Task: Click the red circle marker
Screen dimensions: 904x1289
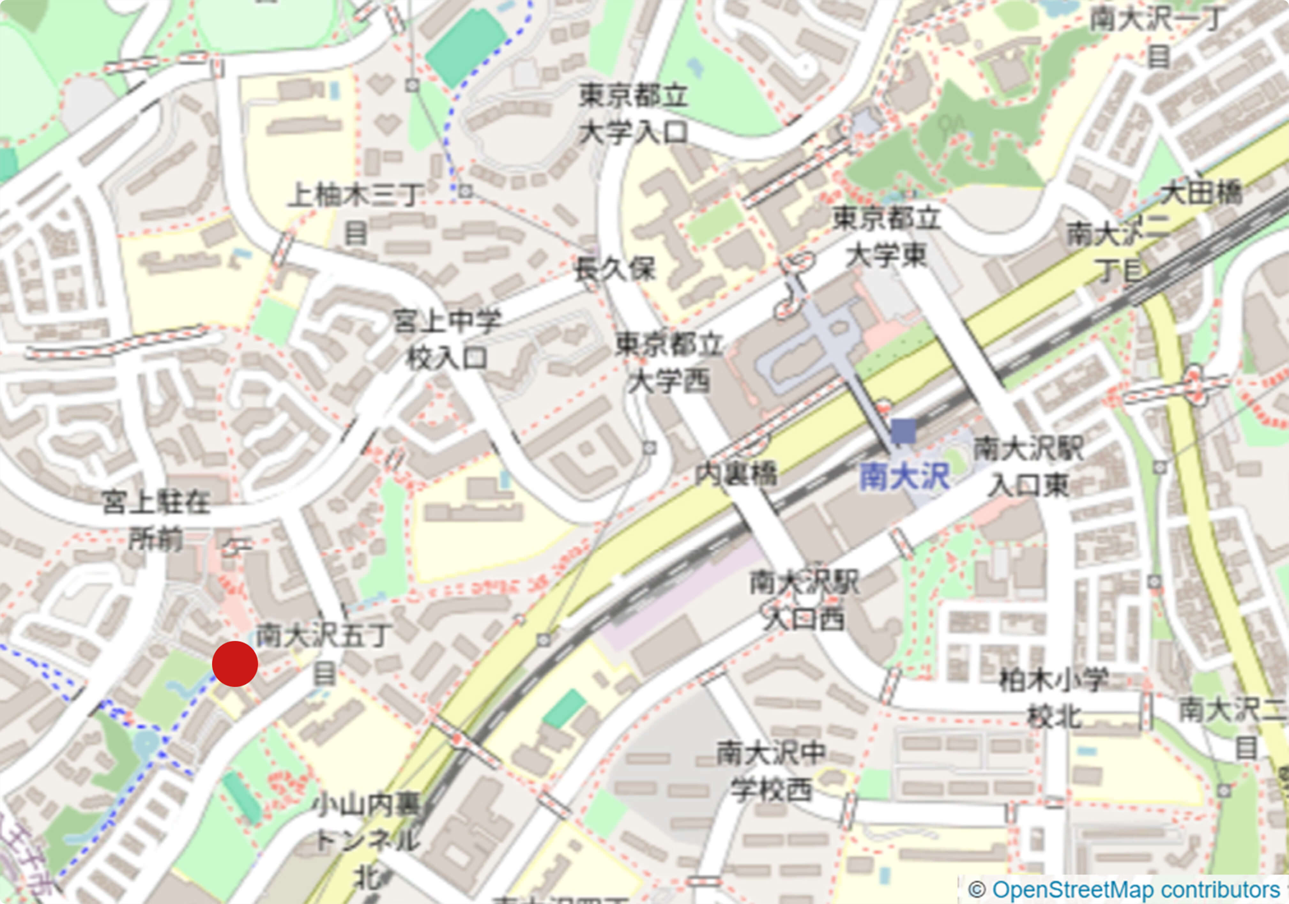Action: point(235,664)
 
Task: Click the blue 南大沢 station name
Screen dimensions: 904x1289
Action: point(904,478)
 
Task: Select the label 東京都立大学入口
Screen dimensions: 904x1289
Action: point(633,114)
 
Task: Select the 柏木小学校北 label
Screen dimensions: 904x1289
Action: point(1054,699)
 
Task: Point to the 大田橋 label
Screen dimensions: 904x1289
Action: point(1201,193)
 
